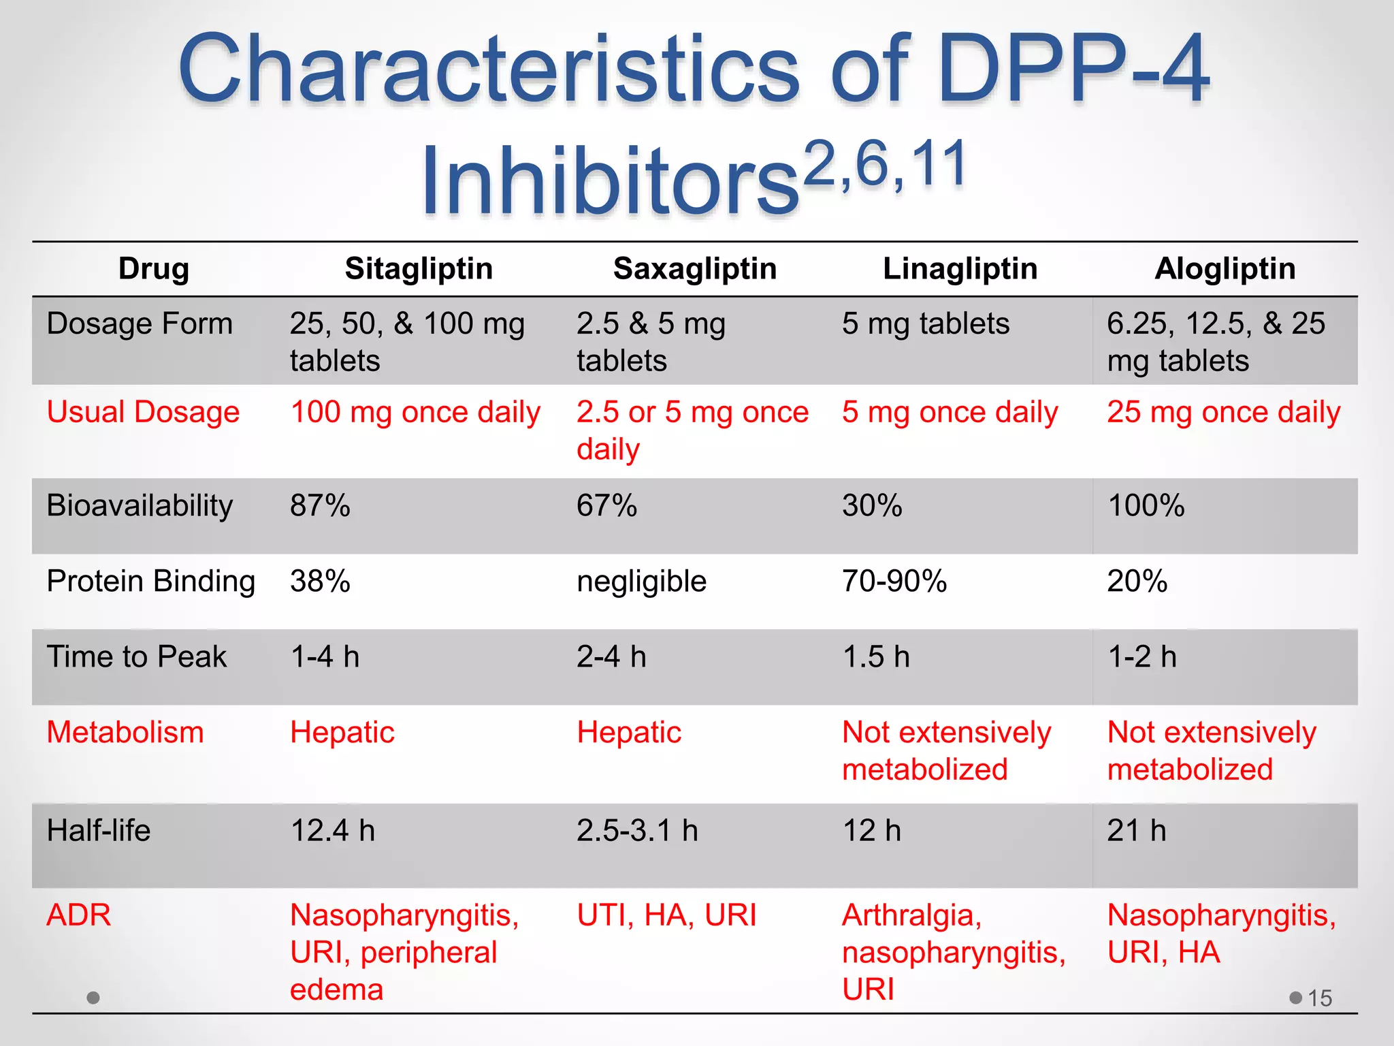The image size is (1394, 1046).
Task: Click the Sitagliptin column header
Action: pyautogui.click(x=419, y=269)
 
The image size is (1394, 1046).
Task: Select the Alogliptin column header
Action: pyautogui.click(x=1225, y=269)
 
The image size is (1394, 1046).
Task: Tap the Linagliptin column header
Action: pyautogui.click(x=960, y=269)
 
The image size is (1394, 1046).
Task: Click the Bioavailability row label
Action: pyautogui.click(x=140, y=506)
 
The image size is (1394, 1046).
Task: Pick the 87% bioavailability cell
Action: pyautogui.click(x=320, y=506)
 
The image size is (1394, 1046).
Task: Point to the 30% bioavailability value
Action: pyautogui.click(x=872, y=506)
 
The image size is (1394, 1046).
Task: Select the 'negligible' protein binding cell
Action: pyautogui.click(x=641, y=582)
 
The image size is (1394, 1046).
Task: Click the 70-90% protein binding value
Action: pyautogui.click(x=894, y=582)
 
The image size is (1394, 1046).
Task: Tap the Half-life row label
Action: pyautogui.click(x=99, y=831)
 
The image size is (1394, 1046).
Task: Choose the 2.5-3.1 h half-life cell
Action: pyautogui.click(x=637, y=831)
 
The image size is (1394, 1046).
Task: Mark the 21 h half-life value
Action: pyautogui.click(x=1137, y=831)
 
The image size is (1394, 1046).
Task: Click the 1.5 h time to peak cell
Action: pyautogui.click(x=876, y=657)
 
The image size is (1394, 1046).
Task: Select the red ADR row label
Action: pyautogui.click(x=78, y=915)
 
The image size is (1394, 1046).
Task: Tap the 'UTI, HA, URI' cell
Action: pyautogui.click(x=666, y=915)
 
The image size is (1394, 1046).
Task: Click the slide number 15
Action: pyautogui.click(x=1320, y=998)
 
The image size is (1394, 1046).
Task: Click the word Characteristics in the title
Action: pyautogui.click(x=489, y=69)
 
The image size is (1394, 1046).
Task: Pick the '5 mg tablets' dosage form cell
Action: pyautogui.click(x=926, y=323)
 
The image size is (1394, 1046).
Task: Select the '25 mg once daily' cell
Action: pyautogui.click(x=1223, y=412)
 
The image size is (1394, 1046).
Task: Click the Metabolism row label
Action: pyautogui.click(x=125, y=733)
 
